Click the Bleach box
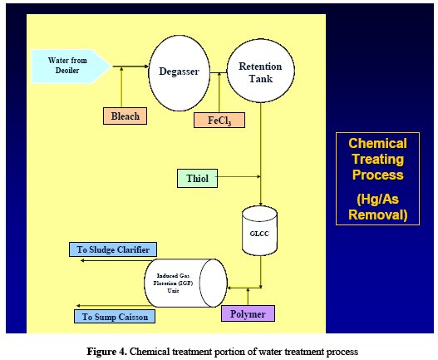pyautogui.click(x=125, y=116)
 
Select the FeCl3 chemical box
pyautogui.click(x=219, y=121)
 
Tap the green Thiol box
pyautogui.click(x=197, y=178)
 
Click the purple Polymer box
pyautogui.click(x=248, y=313)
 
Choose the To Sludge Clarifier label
pyautogui.click(x=113, y=249)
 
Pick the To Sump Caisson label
pyautogui.click(x=115, y=317)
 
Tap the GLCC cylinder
pyautogui.click(x=259, y=231)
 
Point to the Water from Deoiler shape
pyautogui.click(x=71, y=67)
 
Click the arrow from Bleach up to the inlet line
pyautogui.click(x=121, y=87)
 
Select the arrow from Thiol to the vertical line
pyautogui.click(x=239, y=176)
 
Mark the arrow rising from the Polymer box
pyautogui.click(x=248, y=297)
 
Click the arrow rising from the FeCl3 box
pyautogui.click(x=219, y=92)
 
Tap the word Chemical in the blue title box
pyautogui.click(x=377, y=143)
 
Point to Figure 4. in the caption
pyautogui.click(x=106, y=351)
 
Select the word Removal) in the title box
pyautogui.click(x=378, y=215)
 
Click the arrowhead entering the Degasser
pyautogui.click(x=146, y=67)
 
